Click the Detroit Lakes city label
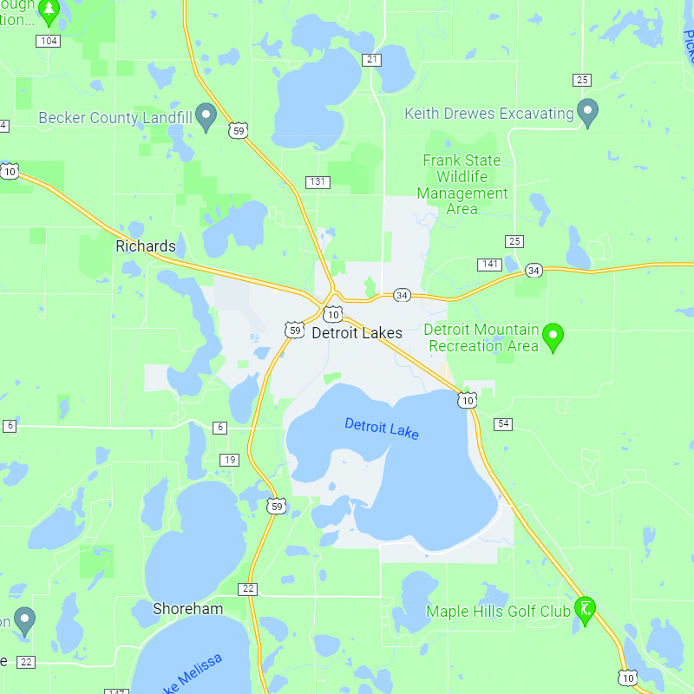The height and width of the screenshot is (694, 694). (x=357, y=333)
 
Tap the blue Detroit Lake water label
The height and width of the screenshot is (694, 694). (x=382, y=429)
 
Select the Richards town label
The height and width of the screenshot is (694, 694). (x=146, y=246)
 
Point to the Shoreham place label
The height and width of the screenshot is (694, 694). (x=187, y=609)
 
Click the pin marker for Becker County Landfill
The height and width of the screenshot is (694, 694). (x=206, y=116)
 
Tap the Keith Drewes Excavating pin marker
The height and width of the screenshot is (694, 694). (x=588, y=113)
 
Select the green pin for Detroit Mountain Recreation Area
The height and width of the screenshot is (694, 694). (x=553, y=337)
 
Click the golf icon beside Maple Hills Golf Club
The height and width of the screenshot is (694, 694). (x=586, y=610)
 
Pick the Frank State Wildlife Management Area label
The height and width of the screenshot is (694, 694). (x=462, y=185)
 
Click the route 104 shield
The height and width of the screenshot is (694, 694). (x=49, y=41)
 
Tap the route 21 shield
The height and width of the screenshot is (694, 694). (x=372, y=59)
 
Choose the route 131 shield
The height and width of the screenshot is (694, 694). (x=318, y=181)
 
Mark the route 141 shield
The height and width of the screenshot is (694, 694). (x=489, y=264)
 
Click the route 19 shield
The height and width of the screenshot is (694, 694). (x=229, y=460)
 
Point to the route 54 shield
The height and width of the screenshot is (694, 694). (x=503, y=423)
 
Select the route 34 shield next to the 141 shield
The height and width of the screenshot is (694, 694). (x=533, y=271)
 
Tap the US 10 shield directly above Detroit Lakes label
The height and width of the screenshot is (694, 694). (x=332, y=312)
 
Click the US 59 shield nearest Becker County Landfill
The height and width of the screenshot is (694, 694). (x=239, y=130)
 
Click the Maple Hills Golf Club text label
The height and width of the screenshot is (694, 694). (x=498, y=612)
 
